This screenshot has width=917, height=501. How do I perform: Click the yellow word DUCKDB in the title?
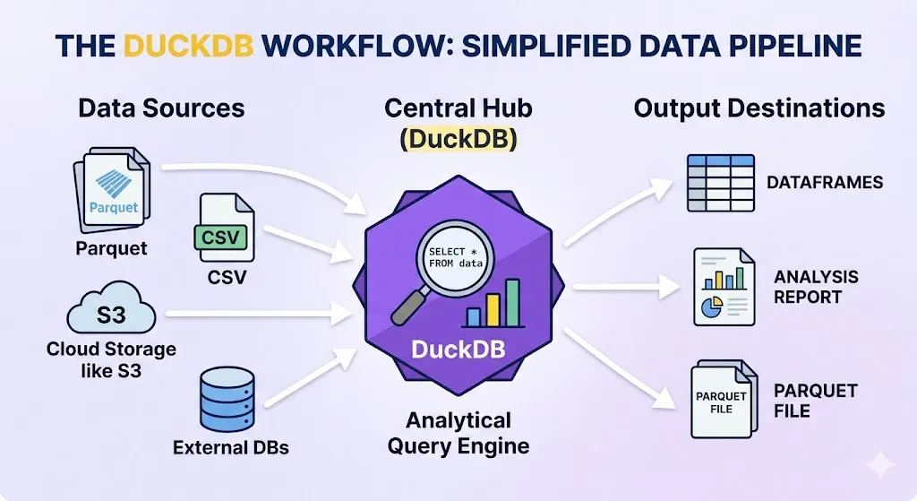pyautogui.click(x=188, y=46)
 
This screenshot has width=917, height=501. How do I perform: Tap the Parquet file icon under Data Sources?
pyautogui.click(x=112, y=189)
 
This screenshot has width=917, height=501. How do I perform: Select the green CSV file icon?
pyautogui.click(x=224, y=228)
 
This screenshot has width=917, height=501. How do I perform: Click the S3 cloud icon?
pyautogui.click(x=111, y=308)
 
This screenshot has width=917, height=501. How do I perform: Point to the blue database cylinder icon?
pyautogui.click(x=227, y=399)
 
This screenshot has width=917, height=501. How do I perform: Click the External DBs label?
pyautogui.click(x=231, y=448)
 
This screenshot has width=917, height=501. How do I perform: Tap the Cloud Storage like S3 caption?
pyautogui.click(x=111, y=359)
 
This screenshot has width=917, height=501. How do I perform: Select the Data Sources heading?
pyautogui.click(x=161, y=108)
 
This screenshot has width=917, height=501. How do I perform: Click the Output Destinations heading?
pyautogui.click(x=759, y=108)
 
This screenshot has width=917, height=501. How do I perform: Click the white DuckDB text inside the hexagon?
pyautogui.click(x=458, y=350)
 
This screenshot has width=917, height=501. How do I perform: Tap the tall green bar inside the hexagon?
pyautogui.click(x=512, y=303)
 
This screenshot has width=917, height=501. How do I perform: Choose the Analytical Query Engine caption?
pyautogui.click(x=458, y=433)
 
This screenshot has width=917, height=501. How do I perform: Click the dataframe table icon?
pyautogui.click(x=721, y=183)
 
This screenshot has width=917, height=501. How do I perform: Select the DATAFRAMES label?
pyautogui.click(x=825, y=183)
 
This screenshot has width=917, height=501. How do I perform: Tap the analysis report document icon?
pyautogui.click(x=724, y=287)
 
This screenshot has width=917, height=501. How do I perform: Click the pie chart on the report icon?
pyautogui.click(x=712, y=307)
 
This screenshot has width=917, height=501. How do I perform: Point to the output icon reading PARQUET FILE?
pyautogui.click(x=724, y=400)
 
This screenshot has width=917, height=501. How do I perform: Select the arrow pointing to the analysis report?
pyautogui.click(x=627, y=287)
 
